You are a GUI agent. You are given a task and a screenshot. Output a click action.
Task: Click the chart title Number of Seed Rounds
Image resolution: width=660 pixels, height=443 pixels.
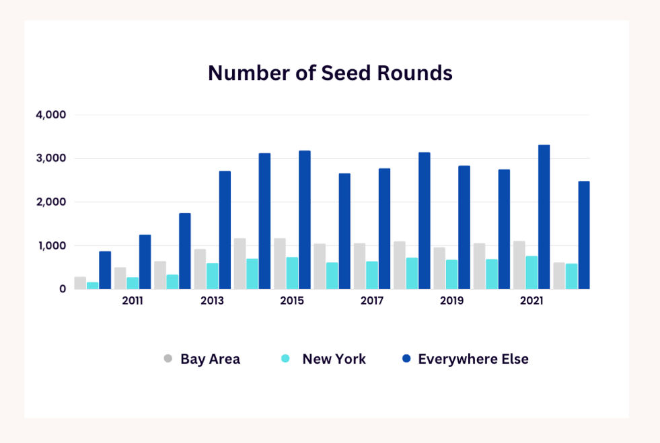coord(330,73)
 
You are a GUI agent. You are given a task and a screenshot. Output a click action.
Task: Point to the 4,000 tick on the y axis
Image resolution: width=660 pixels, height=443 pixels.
coord(51,115)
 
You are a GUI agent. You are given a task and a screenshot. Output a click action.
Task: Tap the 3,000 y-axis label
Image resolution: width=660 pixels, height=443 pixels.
coord(51,159)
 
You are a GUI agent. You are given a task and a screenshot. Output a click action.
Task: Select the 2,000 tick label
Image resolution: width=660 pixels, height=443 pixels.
coord(51,202)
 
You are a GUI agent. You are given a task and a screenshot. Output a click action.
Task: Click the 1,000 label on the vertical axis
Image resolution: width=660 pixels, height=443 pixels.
coord(52,246)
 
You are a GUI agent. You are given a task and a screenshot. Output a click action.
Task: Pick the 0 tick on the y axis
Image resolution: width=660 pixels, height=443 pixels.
coord(63,289)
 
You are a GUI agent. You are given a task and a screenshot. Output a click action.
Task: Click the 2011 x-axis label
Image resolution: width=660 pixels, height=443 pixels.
coord(133,301)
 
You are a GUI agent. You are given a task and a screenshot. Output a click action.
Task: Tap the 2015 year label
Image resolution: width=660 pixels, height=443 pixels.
coord(292,301)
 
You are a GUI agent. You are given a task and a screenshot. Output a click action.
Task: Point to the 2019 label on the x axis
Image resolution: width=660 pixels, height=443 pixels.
coord(451,301)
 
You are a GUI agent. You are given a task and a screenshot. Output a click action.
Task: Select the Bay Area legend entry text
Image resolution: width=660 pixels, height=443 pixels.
coord(210,359)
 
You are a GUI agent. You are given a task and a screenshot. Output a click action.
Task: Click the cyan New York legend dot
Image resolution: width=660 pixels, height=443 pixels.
coord(285,359)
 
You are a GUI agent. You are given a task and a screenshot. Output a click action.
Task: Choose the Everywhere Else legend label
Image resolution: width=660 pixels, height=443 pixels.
coord(473,359)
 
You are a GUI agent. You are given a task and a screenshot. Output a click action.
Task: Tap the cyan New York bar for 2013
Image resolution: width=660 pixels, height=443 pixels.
coord(212,276)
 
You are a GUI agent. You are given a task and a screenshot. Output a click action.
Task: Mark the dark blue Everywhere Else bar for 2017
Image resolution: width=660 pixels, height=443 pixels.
coord(384,229)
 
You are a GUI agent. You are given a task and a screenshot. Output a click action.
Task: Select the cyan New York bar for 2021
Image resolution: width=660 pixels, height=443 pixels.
coord(531,272)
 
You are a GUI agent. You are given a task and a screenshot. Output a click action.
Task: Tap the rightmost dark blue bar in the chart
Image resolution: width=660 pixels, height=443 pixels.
coord(583,235)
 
